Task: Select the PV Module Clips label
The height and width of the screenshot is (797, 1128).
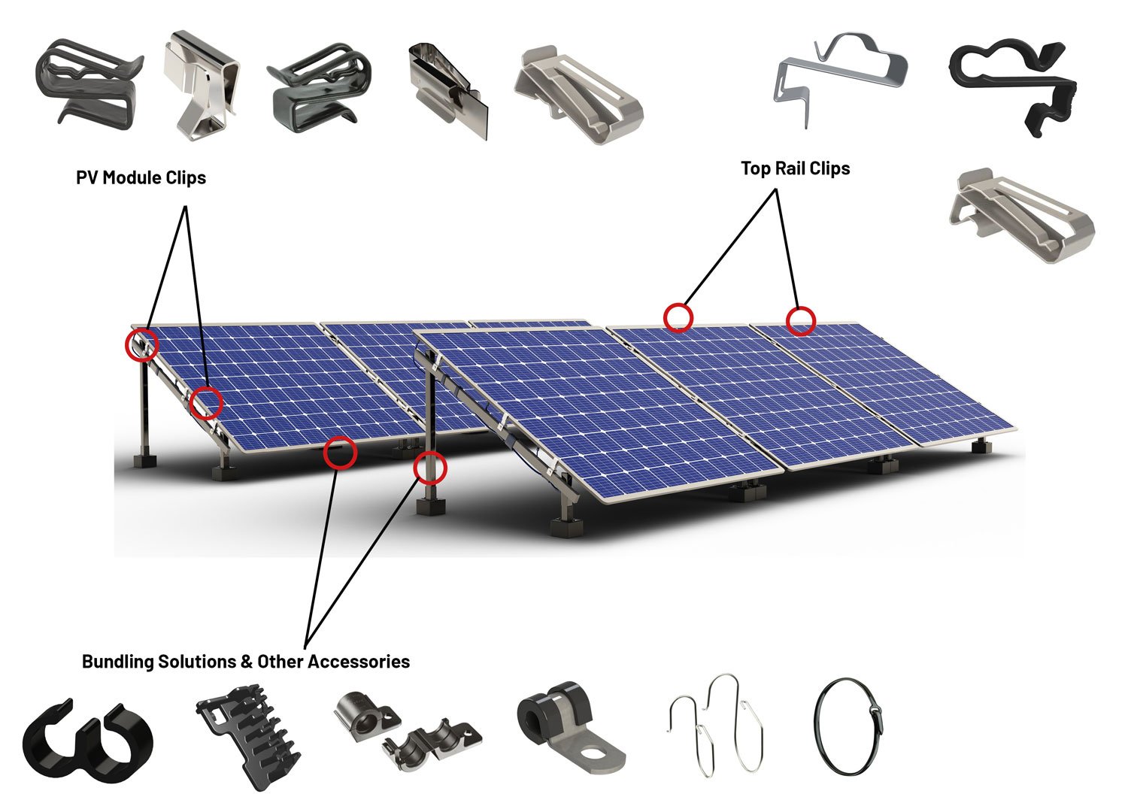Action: [141, 177]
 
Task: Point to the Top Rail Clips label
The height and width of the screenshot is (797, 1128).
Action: [795, 168]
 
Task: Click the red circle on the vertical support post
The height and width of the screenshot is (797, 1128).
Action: [430, 468]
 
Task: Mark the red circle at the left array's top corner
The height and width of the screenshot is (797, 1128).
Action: [141, 344]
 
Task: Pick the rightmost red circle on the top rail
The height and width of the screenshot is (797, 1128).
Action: [800, 321]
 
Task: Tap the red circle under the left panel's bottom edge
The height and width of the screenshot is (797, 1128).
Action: [340, 452]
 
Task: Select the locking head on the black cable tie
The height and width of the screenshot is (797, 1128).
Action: [874, 709]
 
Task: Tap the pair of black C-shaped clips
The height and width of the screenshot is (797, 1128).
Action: [87, 741]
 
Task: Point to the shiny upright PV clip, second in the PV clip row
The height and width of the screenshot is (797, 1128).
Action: [201, 83]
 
